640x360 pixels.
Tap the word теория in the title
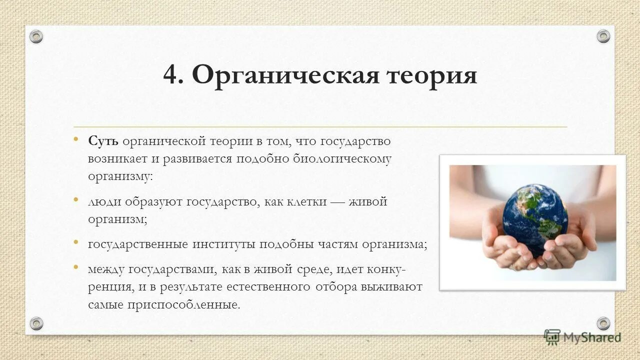431,76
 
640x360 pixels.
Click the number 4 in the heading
171,76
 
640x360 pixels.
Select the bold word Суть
103,141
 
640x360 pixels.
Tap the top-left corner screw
36,36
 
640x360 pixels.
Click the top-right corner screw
603,36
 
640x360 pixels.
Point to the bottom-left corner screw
36,323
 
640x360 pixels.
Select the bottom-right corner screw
603,323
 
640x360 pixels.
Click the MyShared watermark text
592,337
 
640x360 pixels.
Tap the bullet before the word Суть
76,139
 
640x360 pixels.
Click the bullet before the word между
76,267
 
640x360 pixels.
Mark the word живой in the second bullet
368,202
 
